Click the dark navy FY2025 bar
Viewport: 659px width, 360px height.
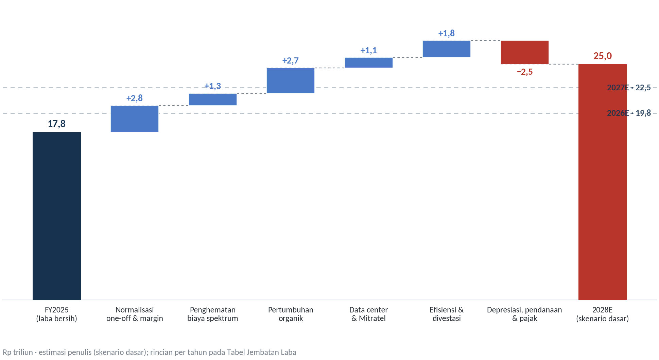pos(57,216)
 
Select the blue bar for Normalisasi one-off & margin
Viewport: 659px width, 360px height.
pos(135,119)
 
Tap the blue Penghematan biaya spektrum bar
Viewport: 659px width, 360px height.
pos(213,100)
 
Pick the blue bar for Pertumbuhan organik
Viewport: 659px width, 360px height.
pos(291,80)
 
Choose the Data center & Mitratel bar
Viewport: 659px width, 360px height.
pos(369,62)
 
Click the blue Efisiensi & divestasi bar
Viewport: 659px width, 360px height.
pos(447,49)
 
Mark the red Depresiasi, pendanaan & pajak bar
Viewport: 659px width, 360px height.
pos(525,52)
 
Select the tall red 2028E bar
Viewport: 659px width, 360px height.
pos(603,182)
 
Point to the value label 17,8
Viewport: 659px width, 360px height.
pos(57,124)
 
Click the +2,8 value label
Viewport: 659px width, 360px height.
pos(135,98)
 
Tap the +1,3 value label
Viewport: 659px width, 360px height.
pos(213,86)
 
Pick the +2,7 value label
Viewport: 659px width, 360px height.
pos(291,60)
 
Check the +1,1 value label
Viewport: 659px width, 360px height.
pos(369,50)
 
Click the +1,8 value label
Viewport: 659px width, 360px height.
pos(447,33)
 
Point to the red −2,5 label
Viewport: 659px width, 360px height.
pos(525,72)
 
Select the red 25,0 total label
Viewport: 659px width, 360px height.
pos(603,56)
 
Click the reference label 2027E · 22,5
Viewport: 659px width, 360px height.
pos(629,88)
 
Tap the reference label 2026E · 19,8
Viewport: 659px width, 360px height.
pos(629,113)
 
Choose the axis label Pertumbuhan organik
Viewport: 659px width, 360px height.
pos(291,314)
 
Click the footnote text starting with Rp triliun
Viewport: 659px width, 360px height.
pos(150,352)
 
